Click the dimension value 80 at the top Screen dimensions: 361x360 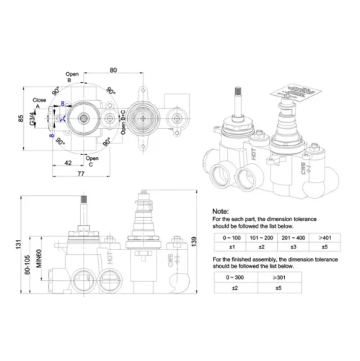[114, 69]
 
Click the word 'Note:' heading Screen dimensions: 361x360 [221, 210]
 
